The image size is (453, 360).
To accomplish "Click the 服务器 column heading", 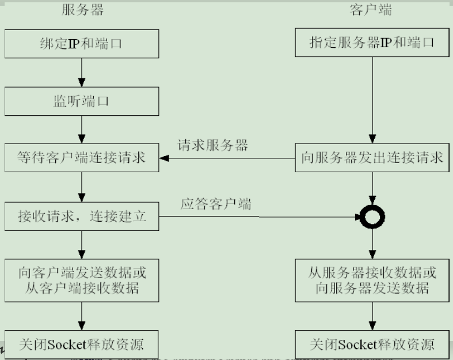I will [83, 10].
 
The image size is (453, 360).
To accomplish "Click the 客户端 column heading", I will [371, 10].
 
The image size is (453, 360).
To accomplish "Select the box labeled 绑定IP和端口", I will [82, 43].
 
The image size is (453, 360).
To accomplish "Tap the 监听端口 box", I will [82, 102].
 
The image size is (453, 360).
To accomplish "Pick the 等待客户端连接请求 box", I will [82, 158].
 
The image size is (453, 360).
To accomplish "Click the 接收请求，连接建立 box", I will [82, 217].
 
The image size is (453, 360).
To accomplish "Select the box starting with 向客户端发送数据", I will [82, 280].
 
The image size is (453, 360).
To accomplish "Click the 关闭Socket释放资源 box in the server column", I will [82, 345].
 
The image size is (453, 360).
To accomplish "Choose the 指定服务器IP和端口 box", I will [372, 43].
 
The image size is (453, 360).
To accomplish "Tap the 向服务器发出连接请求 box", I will [372, 158].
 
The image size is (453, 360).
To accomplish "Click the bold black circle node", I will [372, 217].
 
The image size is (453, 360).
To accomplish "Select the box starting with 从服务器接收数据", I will [372, 280].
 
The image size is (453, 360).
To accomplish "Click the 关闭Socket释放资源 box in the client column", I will [372, 345].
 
